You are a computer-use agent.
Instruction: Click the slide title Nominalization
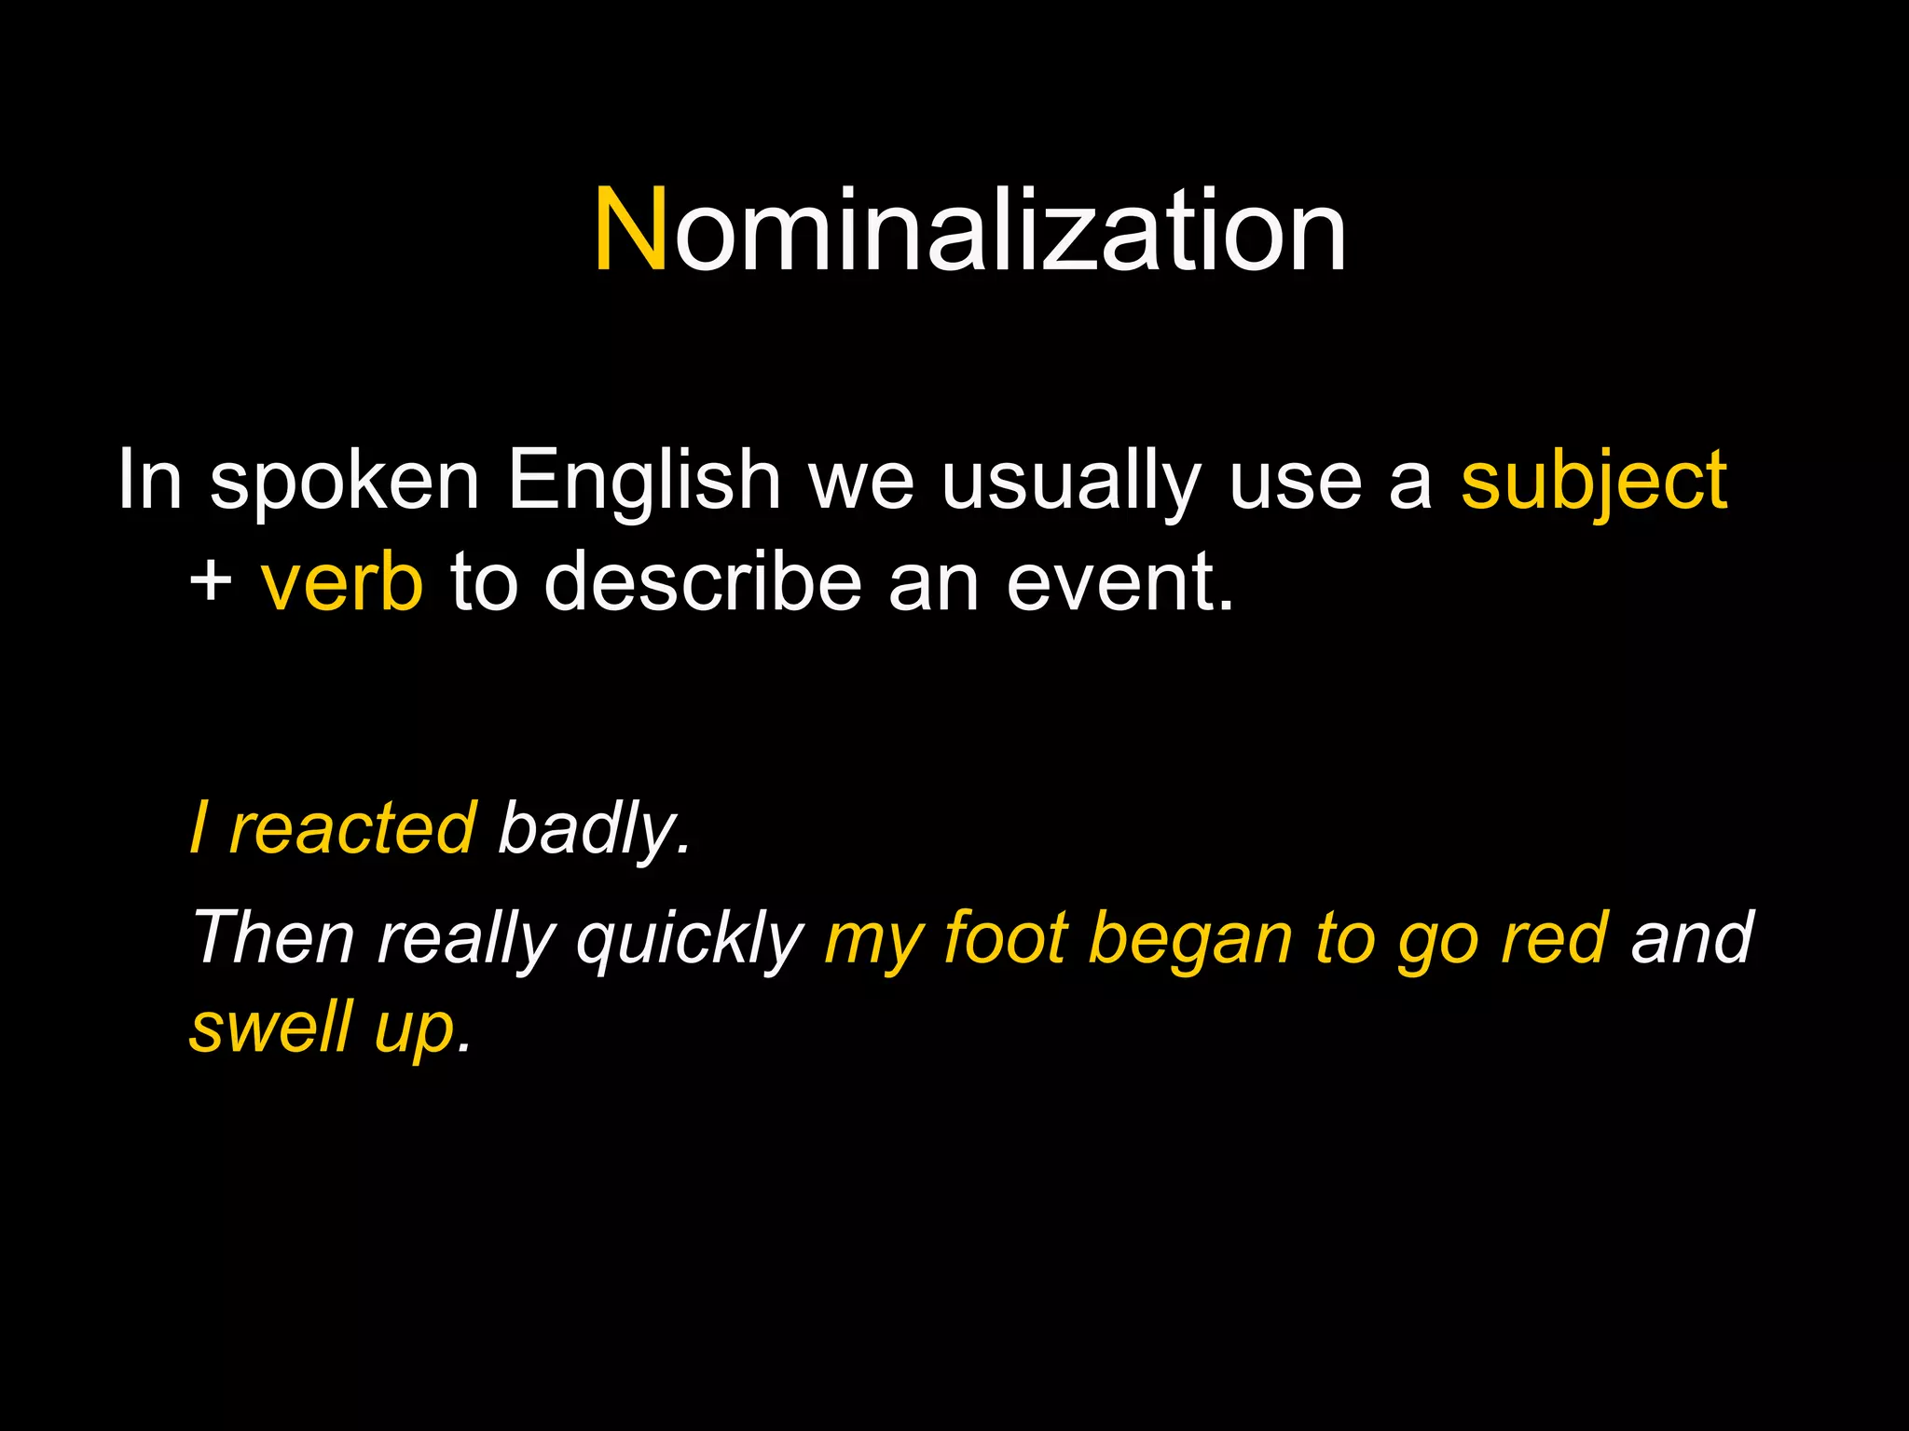point(969,231)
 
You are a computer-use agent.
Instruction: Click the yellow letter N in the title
point(631,231)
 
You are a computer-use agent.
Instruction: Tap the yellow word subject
point(1594,481)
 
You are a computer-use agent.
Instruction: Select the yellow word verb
point(342,581)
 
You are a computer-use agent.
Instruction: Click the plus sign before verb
point(211,581)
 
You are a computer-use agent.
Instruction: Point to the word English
point(644,481)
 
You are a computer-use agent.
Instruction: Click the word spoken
point(344,483)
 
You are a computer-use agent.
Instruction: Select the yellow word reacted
point(353,828)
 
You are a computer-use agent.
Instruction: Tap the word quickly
point(690,939)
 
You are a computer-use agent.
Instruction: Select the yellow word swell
point(271,1026)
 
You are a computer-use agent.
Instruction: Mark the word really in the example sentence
point(467,939)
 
